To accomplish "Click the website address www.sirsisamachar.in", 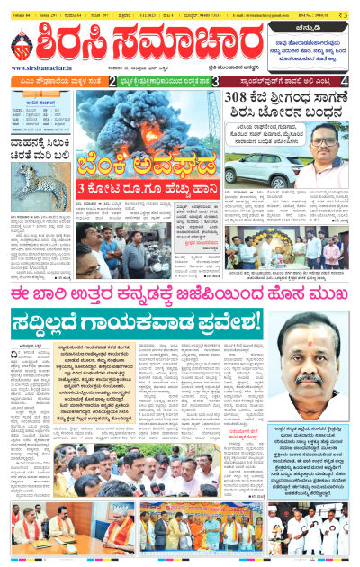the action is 42,67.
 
